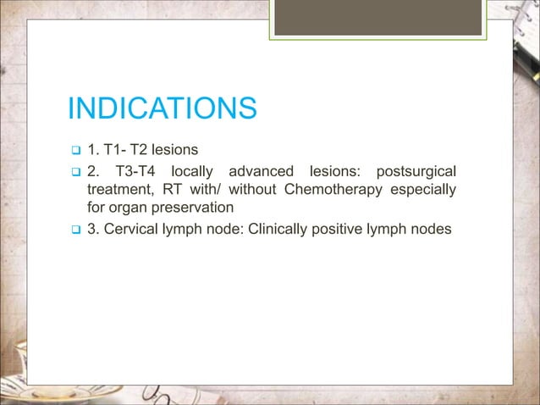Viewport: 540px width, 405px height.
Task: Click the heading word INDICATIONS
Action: [x=162, y=109]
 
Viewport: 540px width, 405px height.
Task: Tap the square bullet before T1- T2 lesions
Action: [x=74, y=152]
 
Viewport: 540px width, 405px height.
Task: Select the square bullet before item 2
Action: [x=74, y=172]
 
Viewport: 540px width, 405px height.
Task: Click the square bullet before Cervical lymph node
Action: [x=74, y=229]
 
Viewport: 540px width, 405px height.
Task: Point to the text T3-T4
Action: [x=138, y=171]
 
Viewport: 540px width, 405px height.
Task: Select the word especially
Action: [x=423, y=189]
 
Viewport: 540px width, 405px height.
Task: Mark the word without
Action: [x=252, y=189]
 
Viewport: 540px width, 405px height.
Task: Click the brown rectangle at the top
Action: [x=377, y=16]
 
